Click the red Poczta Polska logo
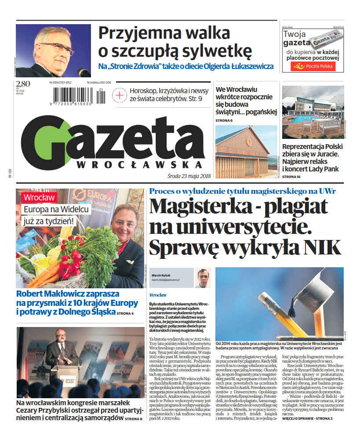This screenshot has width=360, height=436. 313,66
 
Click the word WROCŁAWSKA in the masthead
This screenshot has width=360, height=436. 134,164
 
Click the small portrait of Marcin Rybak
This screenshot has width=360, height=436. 203,278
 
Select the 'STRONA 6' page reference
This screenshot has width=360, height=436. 224,120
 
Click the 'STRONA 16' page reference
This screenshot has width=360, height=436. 291,176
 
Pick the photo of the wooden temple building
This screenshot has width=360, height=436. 246,152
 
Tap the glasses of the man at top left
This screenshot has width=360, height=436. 57,47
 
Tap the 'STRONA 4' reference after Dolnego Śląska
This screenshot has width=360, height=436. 125,313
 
